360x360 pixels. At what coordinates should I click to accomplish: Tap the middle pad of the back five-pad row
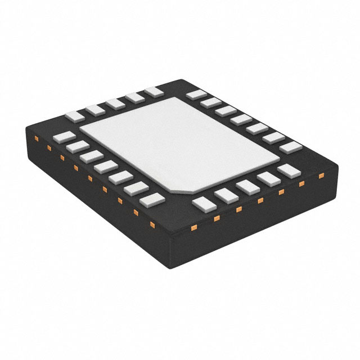point(115,103)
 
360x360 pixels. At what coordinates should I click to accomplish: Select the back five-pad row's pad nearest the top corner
point(153,91)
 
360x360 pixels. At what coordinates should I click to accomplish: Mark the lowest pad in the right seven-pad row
point(291,147)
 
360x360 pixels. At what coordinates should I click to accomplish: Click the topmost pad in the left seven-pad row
point(64,137)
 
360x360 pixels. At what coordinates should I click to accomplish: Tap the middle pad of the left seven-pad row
point(105,166)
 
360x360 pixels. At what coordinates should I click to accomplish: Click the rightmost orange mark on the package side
point(321,175)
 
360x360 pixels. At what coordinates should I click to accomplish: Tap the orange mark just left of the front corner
point(152,225)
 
